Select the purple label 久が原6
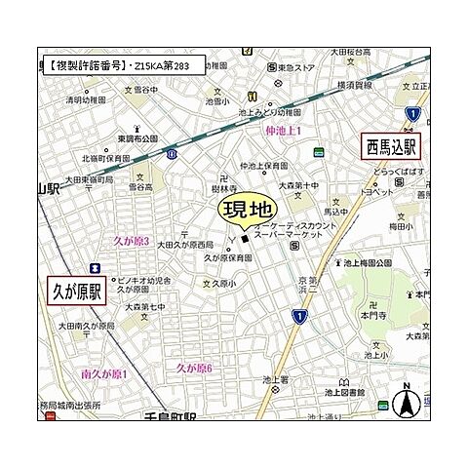tap(194, 368)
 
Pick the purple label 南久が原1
tap(105, 373)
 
